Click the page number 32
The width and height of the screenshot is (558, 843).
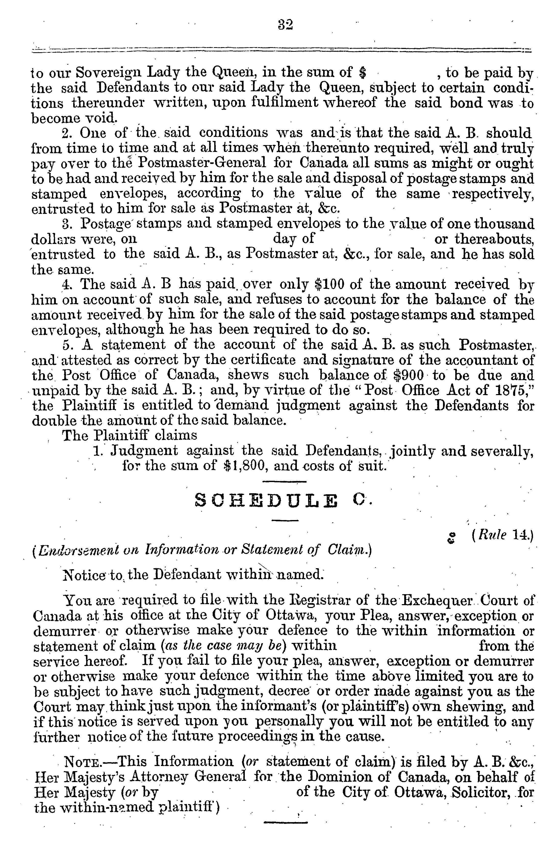(x=285, y=25)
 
